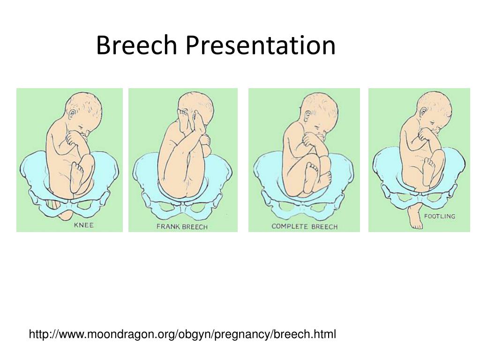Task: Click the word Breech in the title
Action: pyautogui.click(x=136, y=46)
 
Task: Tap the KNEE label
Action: pyautogui.click(x=84, y=225)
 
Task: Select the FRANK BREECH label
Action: pyautogui.click(x=182, y=227)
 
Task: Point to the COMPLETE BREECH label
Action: pyautogui.click(x=304, y=226)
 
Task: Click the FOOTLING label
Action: pyautogui.click(x=439, y=216)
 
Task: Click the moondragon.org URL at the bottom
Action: pyautogui.click(x=182, y=334)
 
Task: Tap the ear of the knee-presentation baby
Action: pyautogui.click(x=71, y=114)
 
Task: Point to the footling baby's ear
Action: pyautogui.click(x=423, y=112)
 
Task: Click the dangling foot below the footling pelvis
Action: pyautogui.click(x=415, y=217)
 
